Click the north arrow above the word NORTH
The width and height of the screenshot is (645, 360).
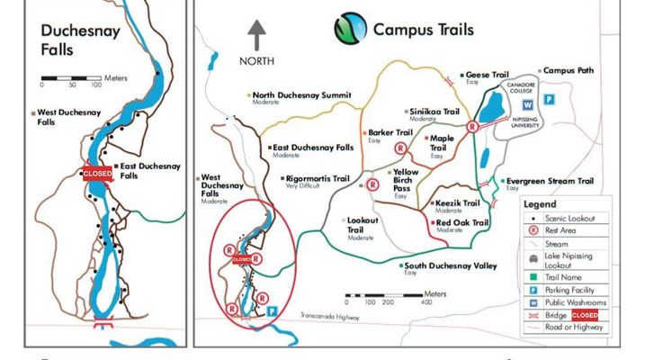257,35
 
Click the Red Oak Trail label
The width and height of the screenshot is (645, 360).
461,222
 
